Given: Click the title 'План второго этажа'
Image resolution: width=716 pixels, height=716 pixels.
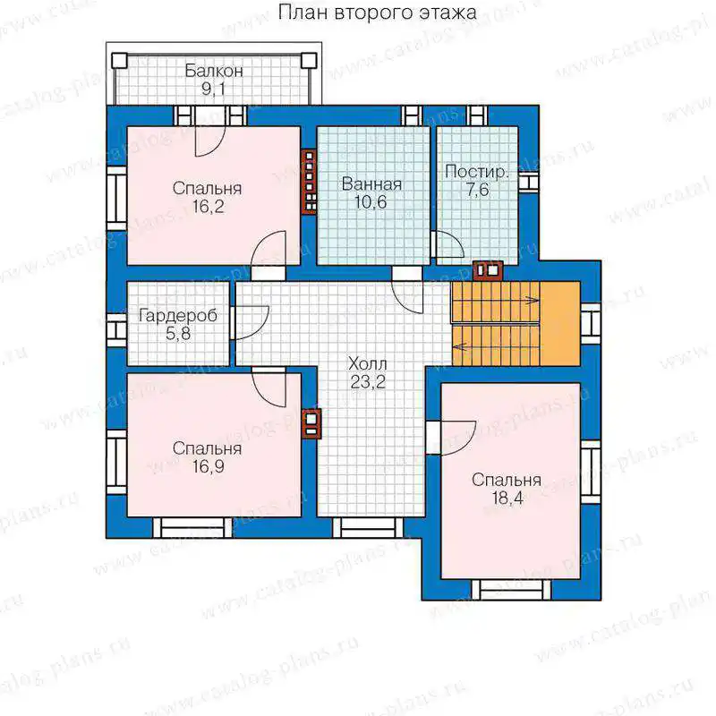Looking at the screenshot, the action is pyautogui.click(x=377, y=13).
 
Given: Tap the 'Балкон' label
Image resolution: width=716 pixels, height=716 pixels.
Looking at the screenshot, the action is pyautogui.click(x=213, y=71).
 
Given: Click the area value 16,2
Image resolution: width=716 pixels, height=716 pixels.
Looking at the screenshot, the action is pyautogui.click(x=208, y=207).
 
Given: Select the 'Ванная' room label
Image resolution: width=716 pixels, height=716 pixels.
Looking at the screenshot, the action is pyautogui.click(x=371, y=184).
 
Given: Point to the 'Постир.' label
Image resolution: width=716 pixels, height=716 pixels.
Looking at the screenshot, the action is pyautogui.click(x=476, y=172).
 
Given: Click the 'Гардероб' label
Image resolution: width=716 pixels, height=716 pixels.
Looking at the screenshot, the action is pyautogui.click(x=178, y=316).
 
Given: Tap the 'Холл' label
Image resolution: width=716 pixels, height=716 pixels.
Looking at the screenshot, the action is pyautogui.click(x=368, y=364).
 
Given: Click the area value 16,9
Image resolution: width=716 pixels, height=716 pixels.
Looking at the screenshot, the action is pyautogui.click(x=208, y=466).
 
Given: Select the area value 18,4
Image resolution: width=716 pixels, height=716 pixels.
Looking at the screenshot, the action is pyautogui.click(x=507, y=498).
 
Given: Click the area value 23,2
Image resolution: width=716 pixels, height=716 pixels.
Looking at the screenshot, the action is pyautogui.click(x=368, y=382).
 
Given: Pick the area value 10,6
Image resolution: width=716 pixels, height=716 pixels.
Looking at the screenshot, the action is pyautogui.click(x=371, y=202).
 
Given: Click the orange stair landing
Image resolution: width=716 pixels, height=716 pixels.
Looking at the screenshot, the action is pyautogui.click(x=560, y=324).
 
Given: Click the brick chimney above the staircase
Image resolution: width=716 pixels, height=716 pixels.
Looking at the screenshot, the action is pyautogui.click(x=488, y=270).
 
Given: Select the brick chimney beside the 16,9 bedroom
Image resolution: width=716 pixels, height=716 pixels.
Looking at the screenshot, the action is pyautogui.click(x=311, y=423).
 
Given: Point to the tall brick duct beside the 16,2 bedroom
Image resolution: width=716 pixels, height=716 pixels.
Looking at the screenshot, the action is pyautogui.click(x=310, y=182).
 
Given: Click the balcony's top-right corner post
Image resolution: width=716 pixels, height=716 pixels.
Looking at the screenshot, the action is pyautogui.click(x=309, y=60).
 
